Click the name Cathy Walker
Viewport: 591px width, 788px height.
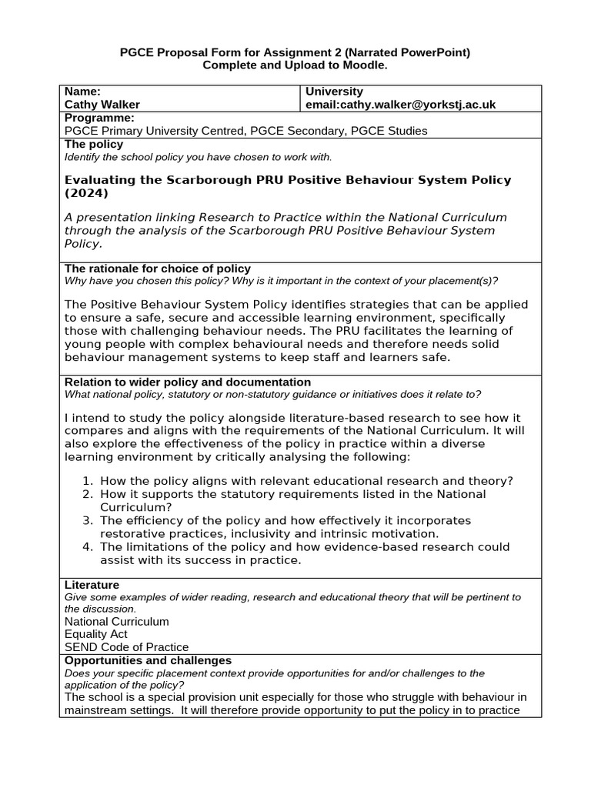[x=102, y=104]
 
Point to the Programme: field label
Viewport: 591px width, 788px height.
[x=99, y=118]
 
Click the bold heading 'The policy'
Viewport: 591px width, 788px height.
[x=93, y=144]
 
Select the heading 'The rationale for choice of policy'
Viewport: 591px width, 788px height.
[x=157, y=269]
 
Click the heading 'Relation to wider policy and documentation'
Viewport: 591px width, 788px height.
[x=188, y=382]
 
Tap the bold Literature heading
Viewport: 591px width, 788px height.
[x=92, y=585]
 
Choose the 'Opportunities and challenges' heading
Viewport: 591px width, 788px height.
[x=148, y=660]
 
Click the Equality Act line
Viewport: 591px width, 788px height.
[x=96, y=634]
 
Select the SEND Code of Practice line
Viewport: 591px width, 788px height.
[x=126, y=647]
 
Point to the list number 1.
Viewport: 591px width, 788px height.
[x=87, y=481]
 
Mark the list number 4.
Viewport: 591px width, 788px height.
[x=87, y=547]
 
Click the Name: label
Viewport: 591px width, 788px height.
[x=82, y=91]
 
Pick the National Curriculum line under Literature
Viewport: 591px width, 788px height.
[x=116, y=621]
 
